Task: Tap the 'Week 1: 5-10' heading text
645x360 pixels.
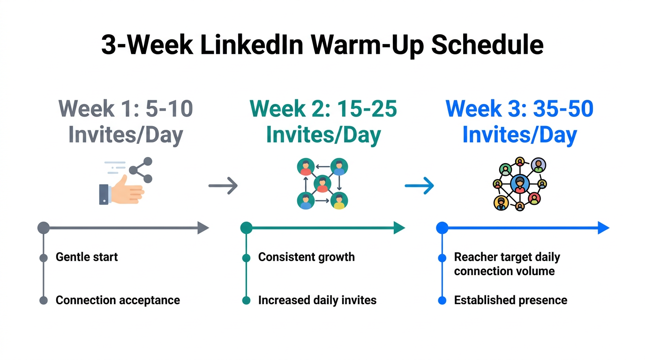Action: click(x=126, y=109)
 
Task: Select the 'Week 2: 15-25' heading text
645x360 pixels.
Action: click(x=323, y=109)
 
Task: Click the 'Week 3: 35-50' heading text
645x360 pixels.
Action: click(x=519, y=109)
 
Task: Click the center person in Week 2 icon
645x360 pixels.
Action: click(x=322, y=184)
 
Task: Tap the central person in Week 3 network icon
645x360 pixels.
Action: click(x=519, y=184)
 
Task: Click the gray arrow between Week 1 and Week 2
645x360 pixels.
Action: click(x=223, y=186)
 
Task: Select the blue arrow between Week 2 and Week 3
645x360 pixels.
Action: click(x=420, y=186)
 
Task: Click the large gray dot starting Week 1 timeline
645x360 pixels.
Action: click(x=44, y=228)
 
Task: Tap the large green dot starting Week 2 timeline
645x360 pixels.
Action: click(x=246, y=228)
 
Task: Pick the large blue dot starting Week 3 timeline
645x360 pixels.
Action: click(x=442, y=228)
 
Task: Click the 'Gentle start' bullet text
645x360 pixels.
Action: click(x=87, y=257)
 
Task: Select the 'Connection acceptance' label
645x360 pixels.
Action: click(x=118, y=300)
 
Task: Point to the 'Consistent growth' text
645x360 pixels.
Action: click(x=306, y=257)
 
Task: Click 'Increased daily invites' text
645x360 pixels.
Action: click(x=317, y=300)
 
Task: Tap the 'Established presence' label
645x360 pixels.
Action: click(x=510, y=300)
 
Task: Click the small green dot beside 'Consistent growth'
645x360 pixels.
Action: click(x=246, y=258)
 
